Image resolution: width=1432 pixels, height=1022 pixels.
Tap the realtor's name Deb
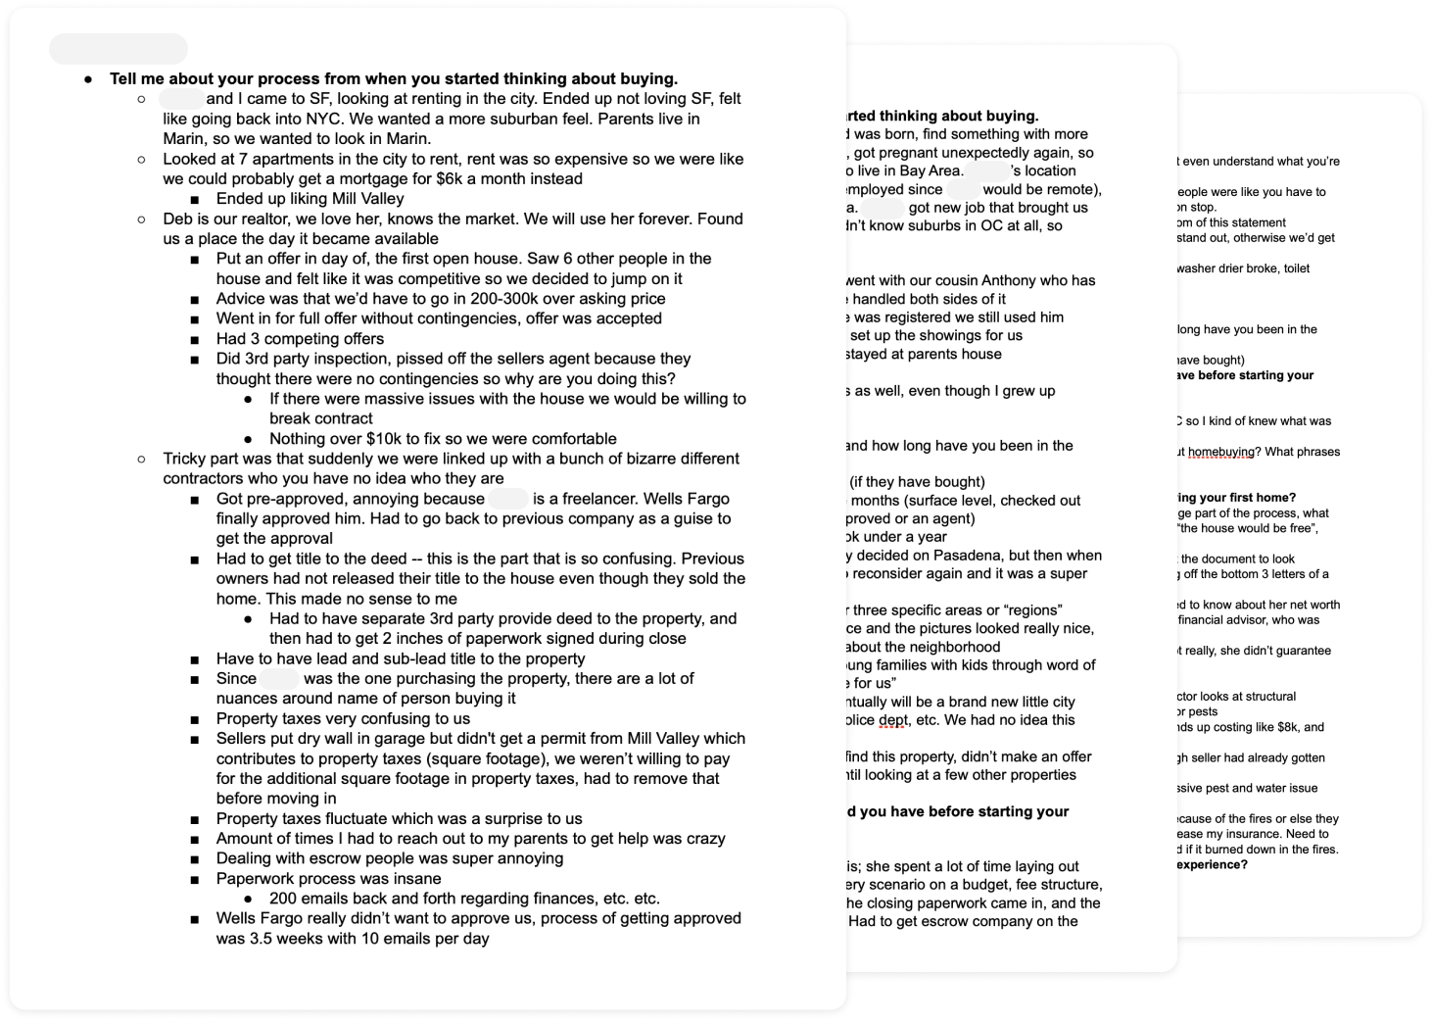[x=178, y=219]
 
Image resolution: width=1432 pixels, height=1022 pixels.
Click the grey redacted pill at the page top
[x=118, y=49]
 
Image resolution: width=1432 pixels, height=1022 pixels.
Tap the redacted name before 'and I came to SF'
[x=181, y=99]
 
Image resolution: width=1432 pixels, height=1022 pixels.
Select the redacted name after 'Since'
[x=279, y=678]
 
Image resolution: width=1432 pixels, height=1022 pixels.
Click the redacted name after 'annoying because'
[x=507, y=499]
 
